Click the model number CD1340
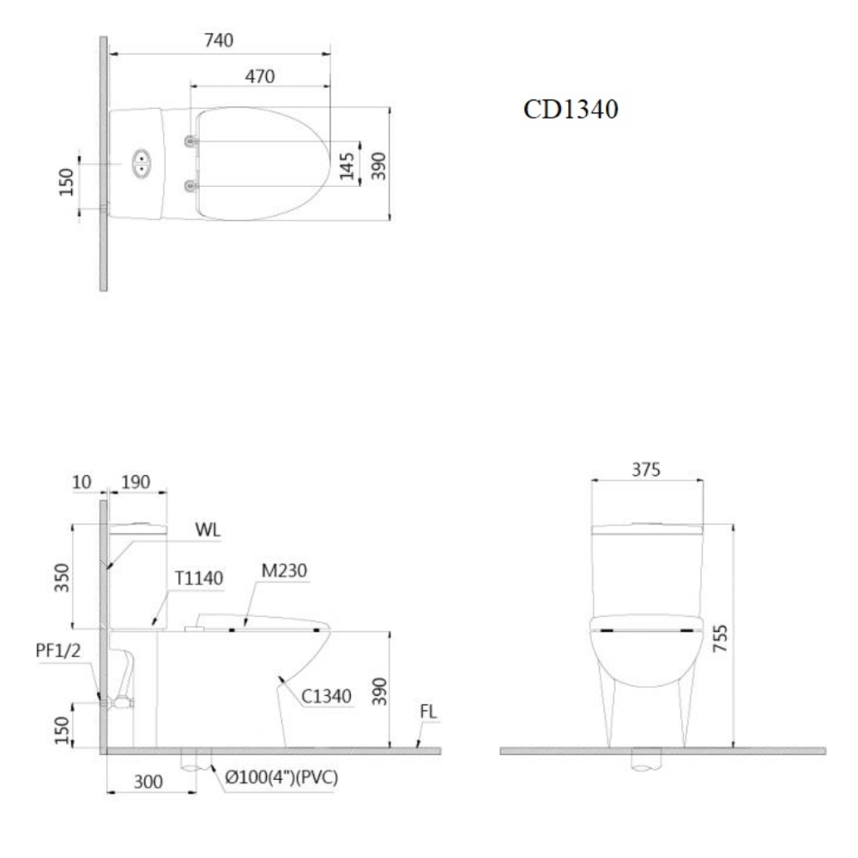coord(571,111)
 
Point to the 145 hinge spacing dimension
coord(347,163)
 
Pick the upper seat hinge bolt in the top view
coord(190,141)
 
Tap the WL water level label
coord(208,529)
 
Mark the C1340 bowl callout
coord(326,696)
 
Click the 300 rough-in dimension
coord(148,782)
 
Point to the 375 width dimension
coord(646,469)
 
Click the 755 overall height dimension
coord(722,639)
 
